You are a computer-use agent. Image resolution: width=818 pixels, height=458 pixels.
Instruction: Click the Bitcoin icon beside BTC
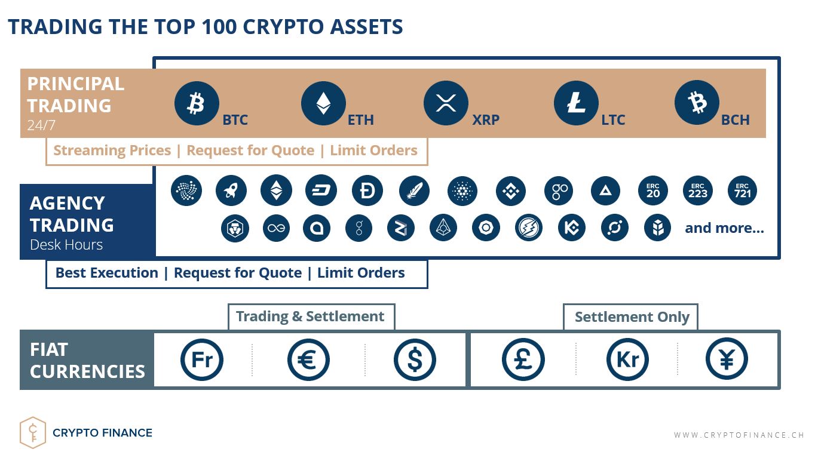[197, 103]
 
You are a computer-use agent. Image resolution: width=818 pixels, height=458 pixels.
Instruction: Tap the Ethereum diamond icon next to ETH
[323, 103]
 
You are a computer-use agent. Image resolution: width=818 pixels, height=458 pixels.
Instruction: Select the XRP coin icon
[446, 103]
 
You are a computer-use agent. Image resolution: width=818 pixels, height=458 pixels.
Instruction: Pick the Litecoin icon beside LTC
[576, 103]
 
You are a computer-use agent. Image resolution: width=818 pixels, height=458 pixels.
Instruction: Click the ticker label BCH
[735, 119]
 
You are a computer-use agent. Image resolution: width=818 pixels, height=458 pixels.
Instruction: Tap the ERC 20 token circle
[653, 190]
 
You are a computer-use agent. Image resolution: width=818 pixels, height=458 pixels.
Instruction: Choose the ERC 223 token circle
[698, 190]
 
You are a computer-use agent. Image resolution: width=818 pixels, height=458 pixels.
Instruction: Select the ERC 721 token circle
[742, 190]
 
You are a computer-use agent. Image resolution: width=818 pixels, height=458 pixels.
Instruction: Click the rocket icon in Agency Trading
[231, 190]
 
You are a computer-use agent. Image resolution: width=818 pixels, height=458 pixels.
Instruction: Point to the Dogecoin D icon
[367, 190]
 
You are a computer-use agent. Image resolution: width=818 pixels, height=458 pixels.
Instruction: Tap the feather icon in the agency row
[414, 190]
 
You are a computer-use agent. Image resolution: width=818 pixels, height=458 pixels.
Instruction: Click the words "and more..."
[725, 228]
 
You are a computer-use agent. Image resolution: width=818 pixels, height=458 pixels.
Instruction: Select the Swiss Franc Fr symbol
[202, 359]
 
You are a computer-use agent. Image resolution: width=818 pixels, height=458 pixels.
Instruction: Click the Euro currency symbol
[308, 359]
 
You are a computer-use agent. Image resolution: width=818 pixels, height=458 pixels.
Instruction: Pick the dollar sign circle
[415, 359]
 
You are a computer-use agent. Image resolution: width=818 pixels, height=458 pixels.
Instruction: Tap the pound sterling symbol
[523, 359]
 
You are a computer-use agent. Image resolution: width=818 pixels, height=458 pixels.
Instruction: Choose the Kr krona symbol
[628, 359]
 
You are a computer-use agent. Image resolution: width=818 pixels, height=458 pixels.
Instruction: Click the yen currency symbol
[727, 359]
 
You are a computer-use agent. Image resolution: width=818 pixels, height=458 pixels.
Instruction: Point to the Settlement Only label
[632, 316]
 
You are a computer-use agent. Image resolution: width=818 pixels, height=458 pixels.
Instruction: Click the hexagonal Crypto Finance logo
[33, 432]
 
